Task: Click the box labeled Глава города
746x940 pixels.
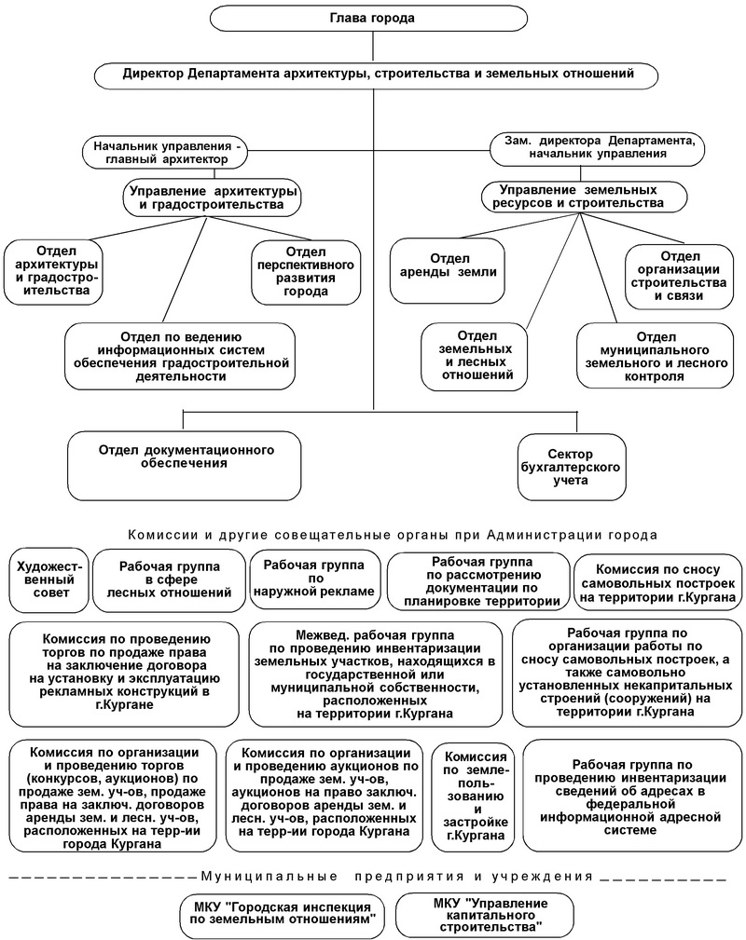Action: [x=373, y=18]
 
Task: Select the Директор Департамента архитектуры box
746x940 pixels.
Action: [x=377, y=75]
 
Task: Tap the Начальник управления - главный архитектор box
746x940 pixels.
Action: [x=164, y=152]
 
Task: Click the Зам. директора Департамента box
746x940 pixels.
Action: [x=597, y=148]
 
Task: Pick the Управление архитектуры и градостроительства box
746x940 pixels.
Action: [x=213, y=198]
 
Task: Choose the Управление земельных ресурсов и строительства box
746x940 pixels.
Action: [x=584, y=197]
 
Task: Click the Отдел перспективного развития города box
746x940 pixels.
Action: [x=306, y=272]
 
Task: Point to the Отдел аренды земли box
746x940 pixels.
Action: [x=447, y=270]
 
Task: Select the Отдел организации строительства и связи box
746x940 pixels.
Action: [x=679, y=277]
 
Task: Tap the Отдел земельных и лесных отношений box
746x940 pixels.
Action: [x=475, y=356]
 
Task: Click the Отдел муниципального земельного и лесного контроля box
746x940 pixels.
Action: [x=655, y=356]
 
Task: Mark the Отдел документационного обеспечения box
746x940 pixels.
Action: [x=185, y=465]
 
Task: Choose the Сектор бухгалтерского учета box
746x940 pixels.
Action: [x=572, y=467]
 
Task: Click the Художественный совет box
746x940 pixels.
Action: [x=49, y=579]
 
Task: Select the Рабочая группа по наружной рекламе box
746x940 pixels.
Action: [x=314, y=579]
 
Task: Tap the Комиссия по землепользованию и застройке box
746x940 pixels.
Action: [x=475, y=797]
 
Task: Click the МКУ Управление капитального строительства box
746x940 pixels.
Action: [x=485, y=914]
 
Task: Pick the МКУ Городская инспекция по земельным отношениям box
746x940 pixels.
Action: [x=282, y=917]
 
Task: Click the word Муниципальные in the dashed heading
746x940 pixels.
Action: [x=269, y=877]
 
